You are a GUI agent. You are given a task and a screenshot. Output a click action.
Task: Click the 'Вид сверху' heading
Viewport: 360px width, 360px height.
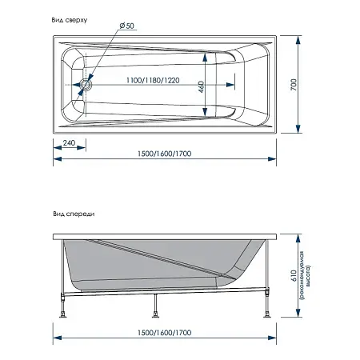pos(70,20)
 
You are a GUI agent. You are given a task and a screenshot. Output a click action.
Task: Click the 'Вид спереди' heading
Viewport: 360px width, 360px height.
pos(74,214)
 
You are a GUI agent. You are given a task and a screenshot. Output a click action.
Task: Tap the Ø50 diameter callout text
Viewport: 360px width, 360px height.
pos(127,26)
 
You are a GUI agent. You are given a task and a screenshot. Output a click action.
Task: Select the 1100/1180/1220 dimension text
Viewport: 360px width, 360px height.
pos(153,80)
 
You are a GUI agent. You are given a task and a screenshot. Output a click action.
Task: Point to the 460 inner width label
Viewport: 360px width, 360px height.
pos(202,86)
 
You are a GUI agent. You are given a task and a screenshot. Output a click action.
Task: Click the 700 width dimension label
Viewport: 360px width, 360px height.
pos(294,85)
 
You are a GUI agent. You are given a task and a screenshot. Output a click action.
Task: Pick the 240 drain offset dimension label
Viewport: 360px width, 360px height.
pos(69,143)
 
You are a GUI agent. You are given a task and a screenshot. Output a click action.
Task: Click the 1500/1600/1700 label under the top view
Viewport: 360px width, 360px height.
pos(165,154)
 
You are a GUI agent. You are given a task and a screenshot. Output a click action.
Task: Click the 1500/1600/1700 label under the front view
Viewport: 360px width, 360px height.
pos(165,333)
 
